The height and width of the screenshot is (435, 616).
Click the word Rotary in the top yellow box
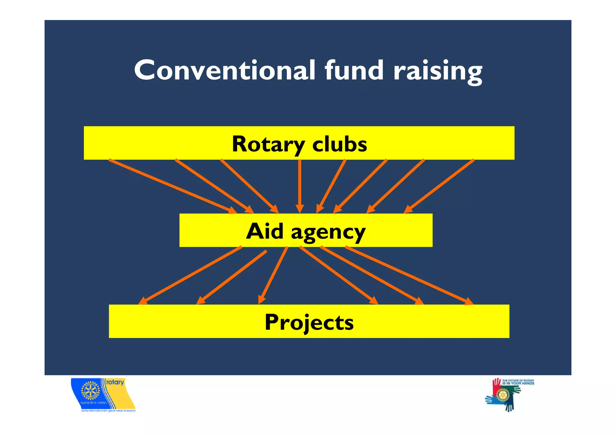(268, 144)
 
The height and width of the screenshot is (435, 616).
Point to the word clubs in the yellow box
(340, 144)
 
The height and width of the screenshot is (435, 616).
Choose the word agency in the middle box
(328, 233)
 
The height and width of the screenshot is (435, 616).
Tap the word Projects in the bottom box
(309, 322)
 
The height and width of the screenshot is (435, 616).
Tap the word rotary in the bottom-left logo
(115, 382)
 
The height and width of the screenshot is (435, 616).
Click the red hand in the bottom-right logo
(496, 386)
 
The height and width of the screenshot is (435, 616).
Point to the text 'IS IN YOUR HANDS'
(518, 383)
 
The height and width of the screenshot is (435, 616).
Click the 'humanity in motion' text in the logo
(94, 403)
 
